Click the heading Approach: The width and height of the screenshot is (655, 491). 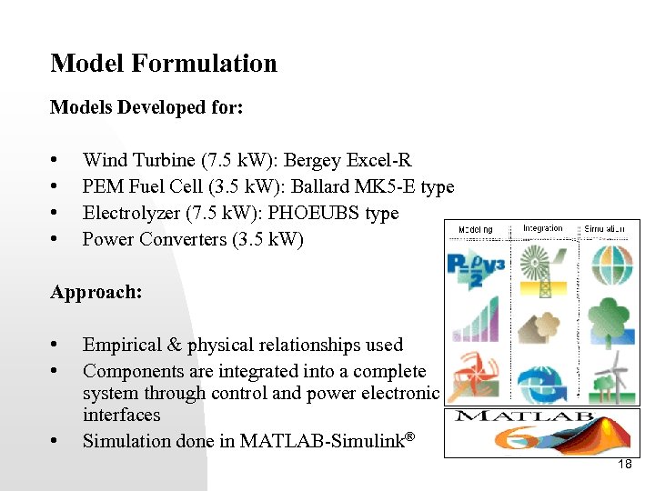(x=96, y=293)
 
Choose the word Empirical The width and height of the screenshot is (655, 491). (x=122, y=346)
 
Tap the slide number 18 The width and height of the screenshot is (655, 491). (x=624, y=465)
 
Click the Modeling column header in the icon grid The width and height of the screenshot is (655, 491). (x=475, y=228)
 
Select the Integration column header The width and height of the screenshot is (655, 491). (x=542, y=227)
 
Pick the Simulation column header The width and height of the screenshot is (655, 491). (x=605, y=228)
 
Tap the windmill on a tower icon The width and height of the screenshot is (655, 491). (x=540, y=269)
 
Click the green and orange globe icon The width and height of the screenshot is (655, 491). (x=610, y=264)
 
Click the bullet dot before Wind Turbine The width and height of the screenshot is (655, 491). (x=56, y=161)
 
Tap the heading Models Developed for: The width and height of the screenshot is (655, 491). (x=146, y=107)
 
